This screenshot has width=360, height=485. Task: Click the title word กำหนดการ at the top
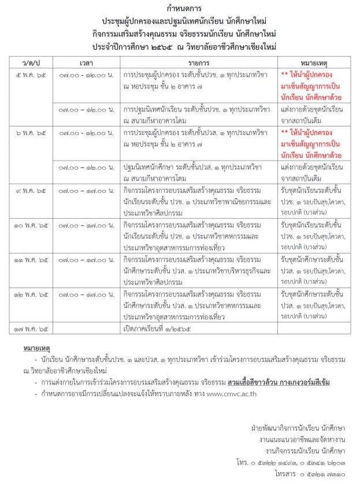[x=180, y=9]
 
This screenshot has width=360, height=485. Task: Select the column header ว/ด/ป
[x=32, y=61]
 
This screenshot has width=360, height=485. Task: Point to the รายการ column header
[x=198, y=61]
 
